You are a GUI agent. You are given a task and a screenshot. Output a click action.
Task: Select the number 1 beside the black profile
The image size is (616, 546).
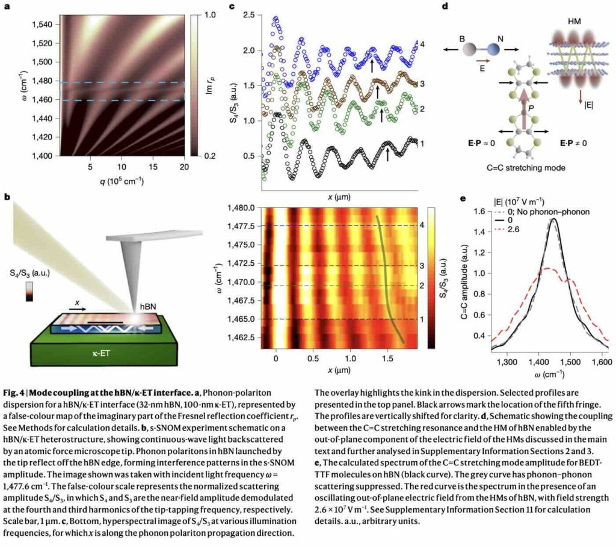coord(422,144)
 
